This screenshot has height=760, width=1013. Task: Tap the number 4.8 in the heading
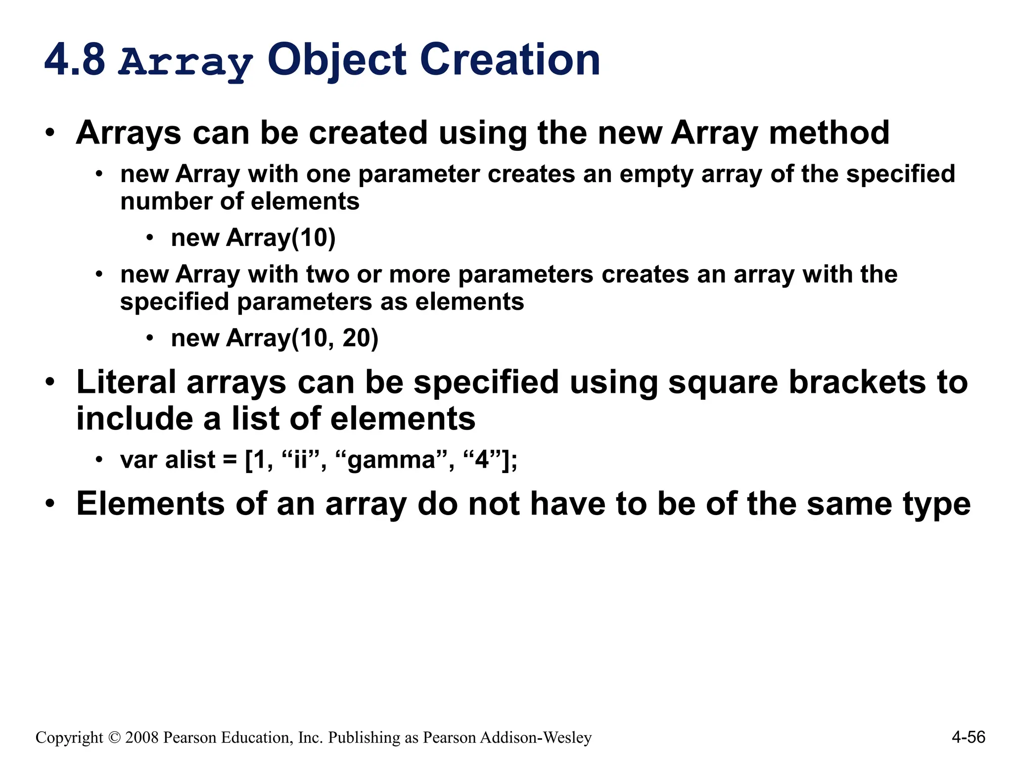pos(75,60)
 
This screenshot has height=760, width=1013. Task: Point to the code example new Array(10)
pos(253,238)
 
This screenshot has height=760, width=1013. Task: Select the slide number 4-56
pos(968,737)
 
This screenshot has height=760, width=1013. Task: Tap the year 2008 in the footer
pos(142,738)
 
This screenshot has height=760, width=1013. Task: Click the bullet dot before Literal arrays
pos(49,382)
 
